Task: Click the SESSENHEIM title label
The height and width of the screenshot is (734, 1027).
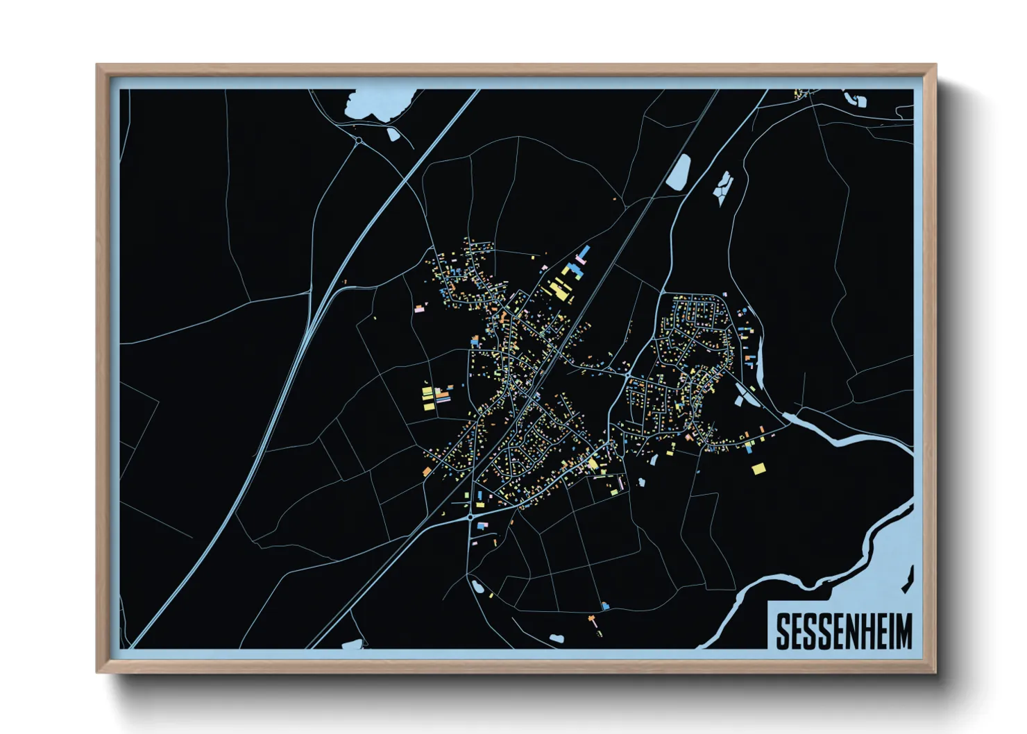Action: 843,631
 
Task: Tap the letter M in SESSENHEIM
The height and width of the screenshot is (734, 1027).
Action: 903,631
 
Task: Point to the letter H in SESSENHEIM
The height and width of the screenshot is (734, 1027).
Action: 863,631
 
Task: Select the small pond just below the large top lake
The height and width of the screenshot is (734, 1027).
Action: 392,134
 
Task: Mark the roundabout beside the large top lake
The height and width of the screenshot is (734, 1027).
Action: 359,141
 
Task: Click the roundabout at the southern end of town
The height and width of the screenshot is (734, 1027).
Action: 470,517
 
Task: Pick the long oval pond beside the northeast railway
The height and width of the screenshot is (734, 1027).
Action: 678,172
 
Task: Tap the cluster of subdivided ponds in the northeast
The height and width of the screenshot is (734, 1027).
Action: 724,186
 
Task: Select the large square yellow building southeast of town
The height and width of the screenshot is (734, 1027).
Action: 758,469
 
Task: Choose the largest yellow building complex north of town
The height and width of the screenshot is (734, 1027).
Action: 559,289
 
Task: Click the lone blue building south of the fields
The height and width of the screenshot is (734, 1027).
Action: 605,606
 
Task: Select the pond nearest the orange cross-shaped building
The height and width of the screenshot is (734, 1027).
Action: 556,638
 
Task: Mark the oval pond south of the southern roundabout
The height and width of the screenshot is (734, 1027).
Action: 477,587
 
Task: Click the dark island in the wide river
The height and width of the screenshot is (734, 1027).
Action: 908,580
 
